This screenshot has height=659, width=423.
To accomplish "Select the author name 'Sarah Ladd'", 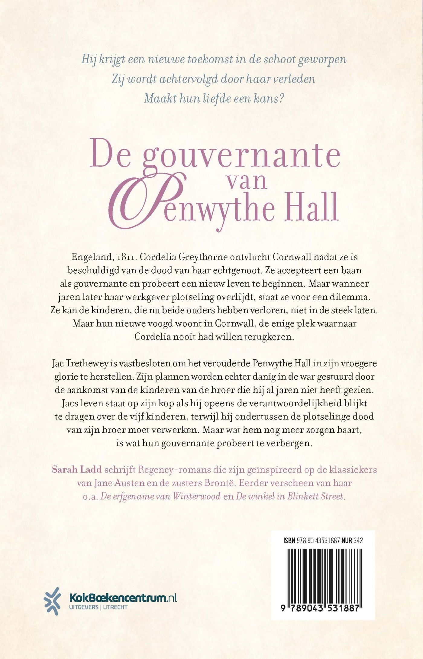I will coord(77,469).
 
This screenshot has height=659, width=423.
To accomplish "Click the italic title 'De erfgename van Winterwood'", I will coord(160,496).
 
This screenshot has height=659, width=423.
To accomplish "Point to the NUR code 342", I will coord(358,541).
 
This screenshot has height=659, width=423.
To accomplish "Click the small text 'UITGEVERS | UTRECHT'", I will coord(98,607).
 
